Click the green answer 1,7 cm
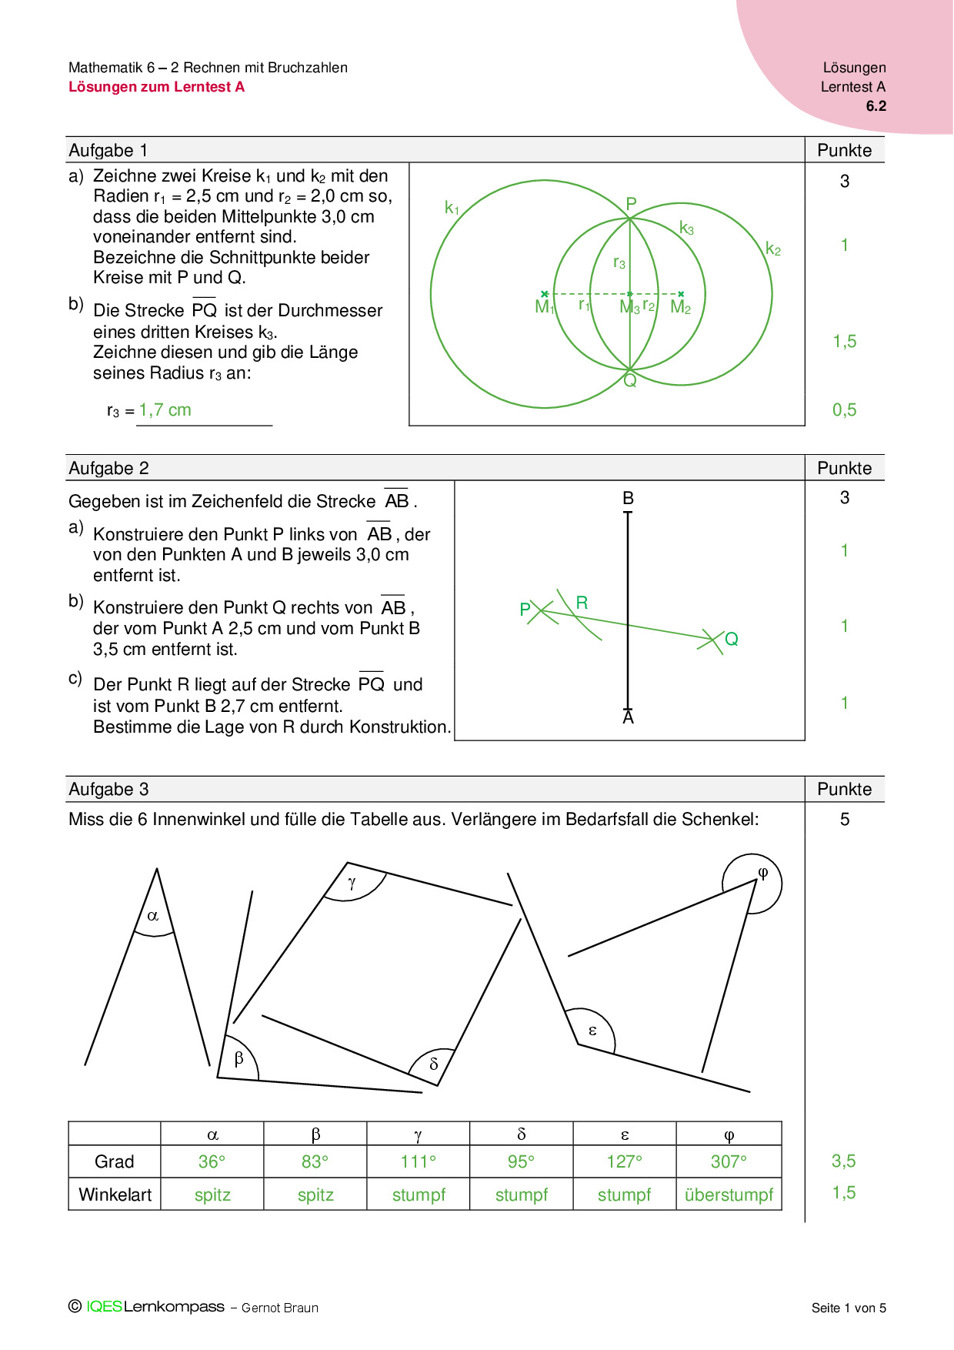(x=165, y=410)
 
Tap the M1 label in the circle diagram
(x=544, y=307)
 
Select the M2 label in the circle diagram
(x=681, y=307)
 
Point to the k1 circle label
(x=452, y=208)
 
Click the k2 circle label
(x=773, y=249)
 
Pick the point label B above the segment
(x=628, y=498)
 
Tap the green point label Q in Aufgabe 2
(x=731, y=639)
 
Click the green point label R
(x=582, y=603)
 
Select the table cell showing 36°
(x=212, y=1161)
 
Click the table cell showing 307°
(x=729, y=1161)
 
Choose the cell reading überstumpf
(x=729, y=1195)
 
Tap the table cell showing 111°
(x=418, y=1161)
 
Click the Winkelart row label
(x=115, y=1195)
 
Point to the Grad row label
(x=115, y=1161)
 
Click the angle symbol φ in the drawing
(x=763, y=873)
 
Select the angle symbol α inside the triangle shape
(x=153, y=916)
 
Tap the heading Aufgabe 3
(x=108, y=789)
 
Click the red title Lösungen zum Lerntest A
(x=156, y=87)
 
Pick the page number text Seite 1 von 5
(x=849, y=1308)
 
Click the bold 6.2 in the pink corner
(x=876, y=106)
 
